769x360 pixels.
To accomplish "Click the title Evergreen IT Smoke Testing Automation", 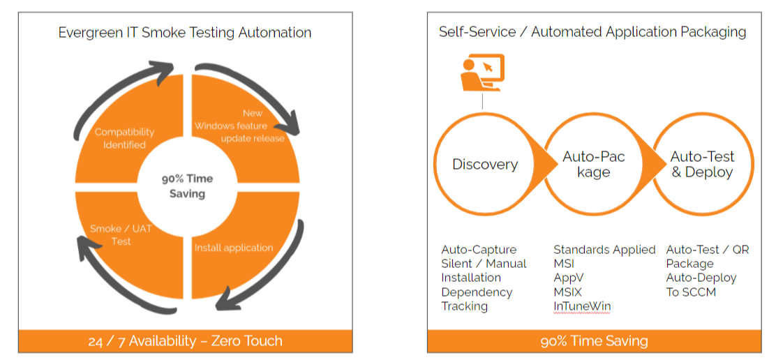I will click(185, 33).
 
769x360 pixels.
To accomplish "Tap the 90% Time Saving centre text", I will click(187, 186).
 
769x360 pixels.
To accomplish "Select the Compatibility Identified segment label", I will click(124, 138).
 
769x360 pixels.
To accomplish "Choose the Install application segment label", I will click(233, 248).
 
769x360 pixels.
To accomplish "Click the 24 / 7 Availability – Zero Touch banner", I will click(185, 341).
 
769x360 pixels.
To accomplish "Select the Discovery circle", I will click(485, 165).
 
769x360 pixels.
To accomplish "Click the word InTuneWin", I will click(582, 306).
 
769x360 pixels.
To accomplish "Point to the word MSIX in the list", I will click(567, 292).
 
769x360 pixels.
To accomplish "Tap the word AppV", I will click(567, 278).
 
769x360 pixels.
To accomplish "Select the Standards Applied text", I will click(604, 250).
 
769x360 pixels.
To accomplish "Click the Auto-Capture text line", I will click(479, 250).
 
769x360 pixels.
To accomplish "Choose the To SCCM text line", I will click(691, 292).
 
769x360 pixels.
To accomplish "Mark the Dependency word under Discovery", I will click(477, 292).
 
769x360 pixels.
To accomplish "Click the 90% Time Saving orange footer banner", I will click(594, 341).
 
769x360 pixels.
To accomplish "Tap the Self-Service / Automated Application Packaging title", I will click(592, 32).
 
